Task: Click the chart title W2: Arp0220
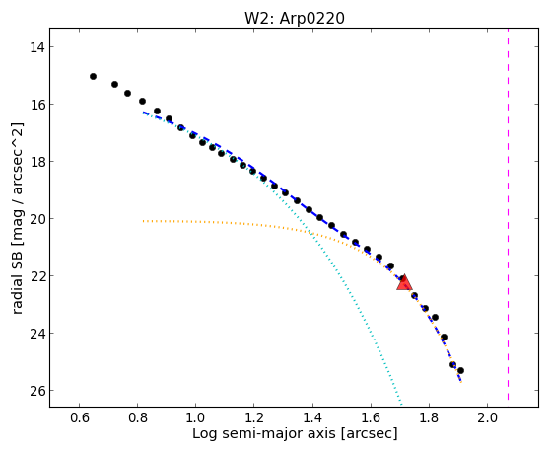point(295,19)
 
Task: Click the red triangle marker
point(404,282)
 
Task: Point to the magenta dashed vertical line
point(509,214)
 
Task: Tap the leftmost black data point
point(93,76)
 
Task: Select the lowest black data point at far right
point(460,371)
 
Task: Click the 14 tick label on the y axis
point(36,47)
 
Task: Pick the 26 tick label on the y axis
point(36,391)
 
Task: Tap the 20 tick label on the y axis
point(36,219)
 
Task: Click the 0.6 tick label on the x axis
point(80,417)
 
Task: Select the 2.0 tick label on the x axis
point(487,417)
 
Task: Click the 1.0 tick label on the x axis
point(196,417)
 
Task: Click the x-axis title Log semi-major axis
point(263,433)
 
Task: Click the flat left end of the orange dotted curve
point(143,221)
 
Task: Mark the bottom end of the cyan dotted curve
point(400,403)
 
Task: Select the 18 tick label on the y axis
point(36,162)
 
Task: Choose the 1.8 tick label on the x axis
point(429,417)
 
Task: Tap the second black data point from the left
point(114,85)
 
